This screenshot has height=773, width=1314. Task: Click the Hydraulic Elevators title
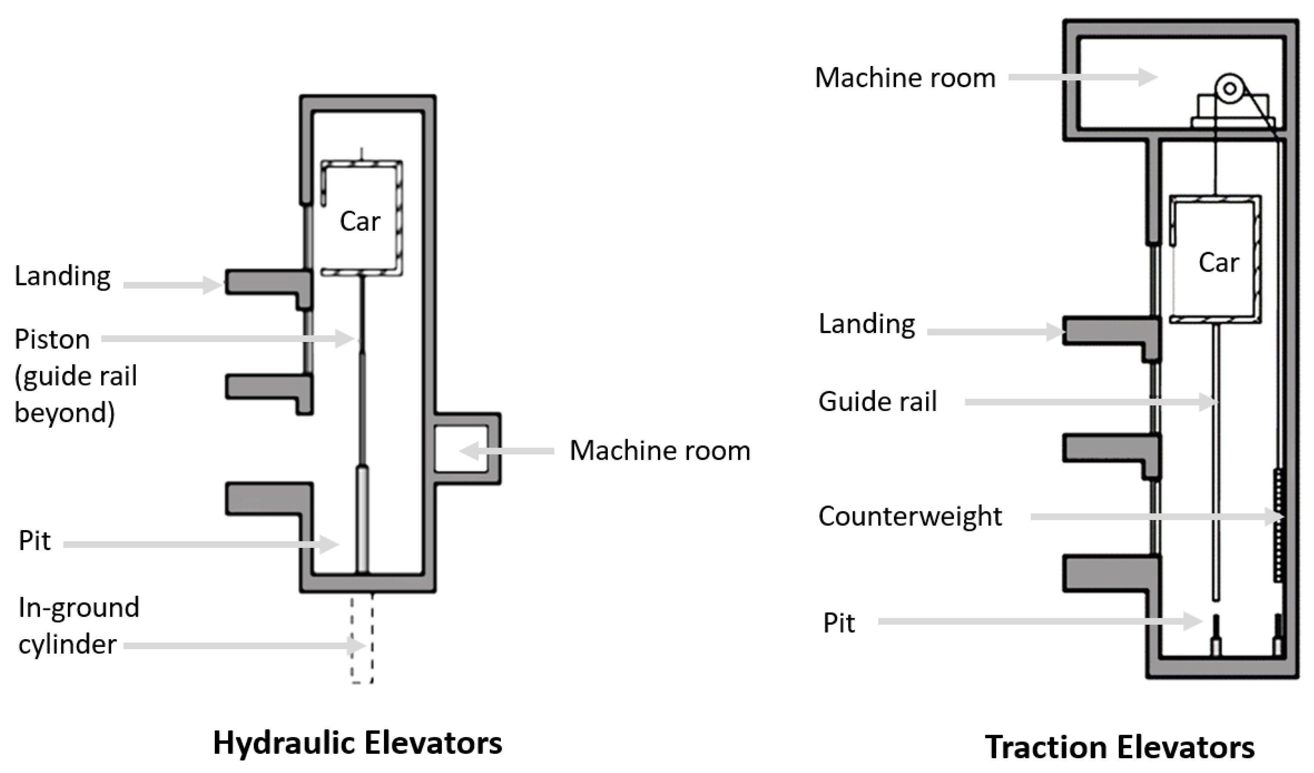pyautogui.click(x=358, y=743)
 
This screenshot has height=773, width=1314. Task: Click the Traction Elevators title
pyautogui.click(x=1120, y=747)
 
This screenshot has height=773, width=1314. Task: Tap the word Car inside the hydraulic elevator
pyautogui.click(x=360, y=221)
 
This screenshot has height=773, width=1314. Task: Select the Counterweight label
pyautogui.click(x=910, y=516)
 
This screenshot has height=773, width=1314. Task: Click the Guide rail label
pyautogui.click(x=877, y=401)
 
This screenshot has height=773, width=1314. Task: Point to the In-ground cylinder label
pyautogui.click(x=78, y=626)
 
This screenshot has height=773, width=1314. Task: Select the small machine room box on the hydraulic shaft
pyautogui.click(x=461, y=449)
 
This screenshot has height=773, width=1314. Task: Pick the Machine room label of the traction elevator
pyautogui.click(x=905, y=78)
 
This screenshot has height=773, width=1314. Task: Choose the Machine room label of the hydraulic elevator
pyautogui.click(x=660, y=450)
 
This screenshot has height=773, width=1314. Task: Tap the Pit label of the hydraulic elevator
pyautogui.click(x=34, y=541)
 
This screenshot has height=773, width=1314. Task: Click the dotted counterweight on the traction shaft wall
pyautogui.click(x=1278, y=524)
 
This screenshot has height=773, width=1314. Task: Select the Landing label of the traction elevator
pyautogui.click(x=867, y=324)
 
